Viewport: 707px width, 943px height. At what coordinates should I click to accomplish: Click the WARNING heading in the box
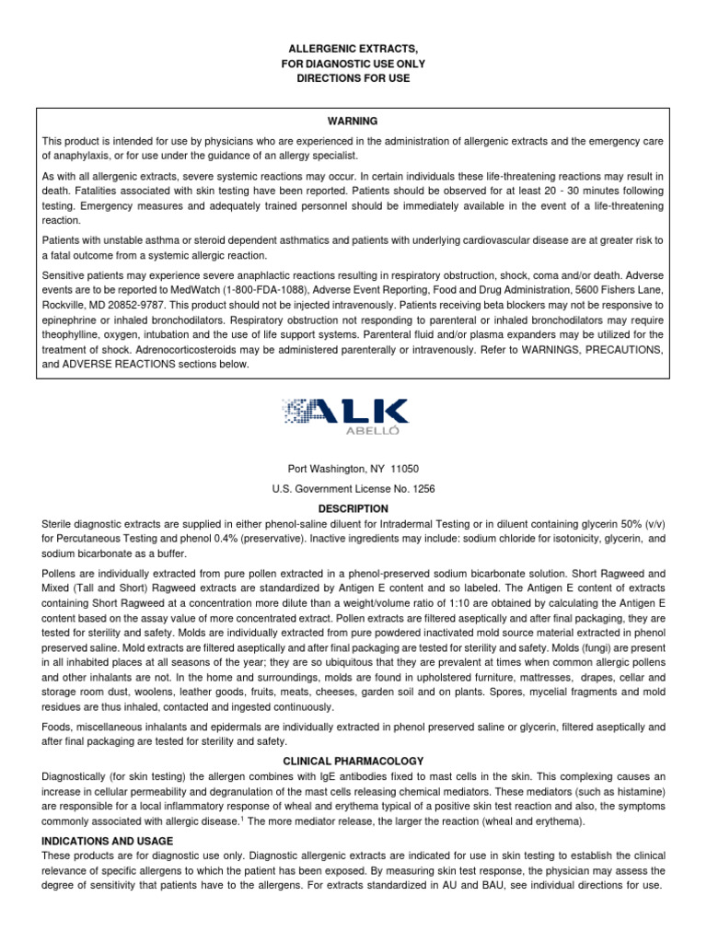353,121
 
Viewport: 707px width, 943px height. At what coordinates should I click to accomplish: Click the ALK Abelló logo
345,416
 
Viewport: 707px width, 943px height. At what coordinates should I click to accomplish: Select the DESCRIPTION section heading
353,508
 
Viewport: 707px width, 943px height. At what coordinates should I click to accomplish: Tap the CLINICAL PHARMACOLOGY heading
353,761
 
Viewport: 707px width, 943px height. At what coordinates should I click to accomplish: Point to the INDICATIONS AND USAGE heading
108,841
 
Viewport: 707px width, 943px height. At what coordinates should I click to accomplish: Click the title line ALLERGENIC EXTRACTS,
353,46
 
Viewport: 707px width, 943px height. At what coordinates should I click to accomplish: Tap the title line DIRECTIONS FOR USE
353,79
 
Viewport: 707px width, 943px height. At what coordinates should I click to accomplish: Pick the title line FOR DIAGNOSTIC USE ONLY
353,63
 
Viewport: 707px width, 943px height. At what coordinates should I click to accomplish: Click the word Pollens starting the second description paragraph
61,573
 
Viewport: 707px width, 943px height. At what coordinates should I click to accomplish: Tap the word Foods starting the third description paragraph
57,727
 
